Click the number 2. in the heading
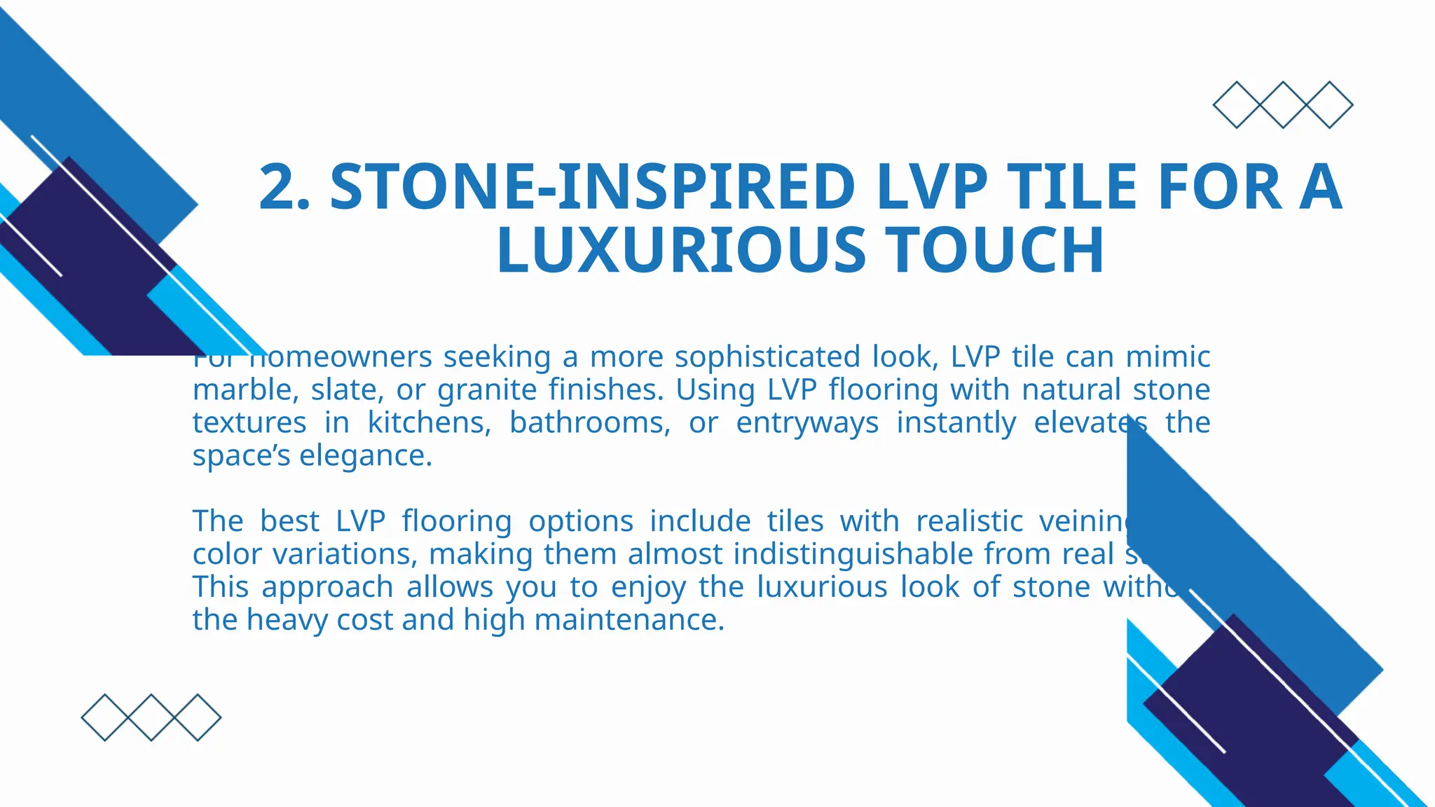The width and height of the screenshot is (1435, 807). pyautogui.click(x=284, y=187)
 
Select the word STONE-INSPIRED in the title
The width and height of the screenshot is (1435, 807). pyautogui.click(x=592, y=187)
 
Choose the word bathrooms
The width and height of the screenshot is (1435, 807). pyautogui.click(x=589, y=422)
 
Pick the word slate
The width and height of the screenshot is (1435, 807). pyautogui.click(x=341, y=389)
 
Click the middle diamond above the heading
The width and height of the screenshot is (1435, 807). pyautogui.click(x=1283, y=105)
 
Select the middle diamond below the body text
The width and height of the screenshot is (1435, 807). pyautogui.click(x=151, y=717)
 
